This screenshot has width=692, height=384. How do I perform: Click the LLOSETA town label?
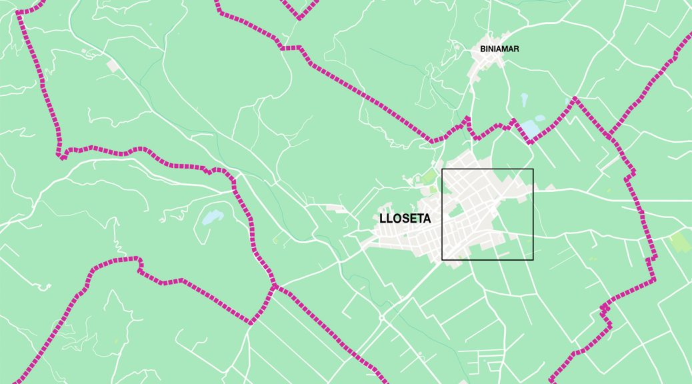point(405,218)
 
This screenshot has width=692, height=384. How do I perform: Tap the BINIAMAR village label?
point(499,49)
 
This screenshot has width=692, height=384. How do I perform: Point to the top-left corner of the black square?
point(442,169)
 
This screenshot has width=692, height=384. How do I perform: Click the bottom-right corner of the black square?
point(533,259)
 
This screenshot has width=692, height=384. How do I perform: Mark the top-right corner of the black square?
point(533,169)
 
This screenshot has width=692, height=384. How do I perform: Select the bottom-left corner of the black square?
point(442,259)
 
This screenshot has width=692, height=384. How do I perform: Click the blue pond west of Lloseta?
point(212,217)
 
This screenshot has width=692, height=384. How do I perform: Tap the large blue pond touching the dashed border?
point(531,127)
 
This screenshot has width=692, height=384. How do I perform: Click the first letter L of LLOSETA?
point(382,218)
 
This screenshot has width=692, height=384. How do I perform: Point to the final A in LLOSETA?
point(427,218)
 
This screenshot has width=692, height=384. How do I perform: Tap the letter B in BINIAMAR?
point(483,49)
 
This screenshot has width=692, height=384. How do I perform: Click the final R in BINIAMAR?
point(516,49)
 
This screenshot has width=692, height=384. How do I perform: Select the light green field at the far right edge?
point(680,242)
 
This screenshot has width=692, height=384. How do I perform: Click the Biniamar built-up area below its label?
point(483,66)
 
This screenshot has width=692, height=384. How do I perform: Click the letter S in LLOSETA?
point(404,218)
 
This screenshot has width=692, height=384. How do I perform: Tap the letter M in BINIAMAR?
point(503,49)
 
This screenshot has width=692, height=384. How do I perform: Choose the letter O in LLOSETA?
point(395,218)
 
